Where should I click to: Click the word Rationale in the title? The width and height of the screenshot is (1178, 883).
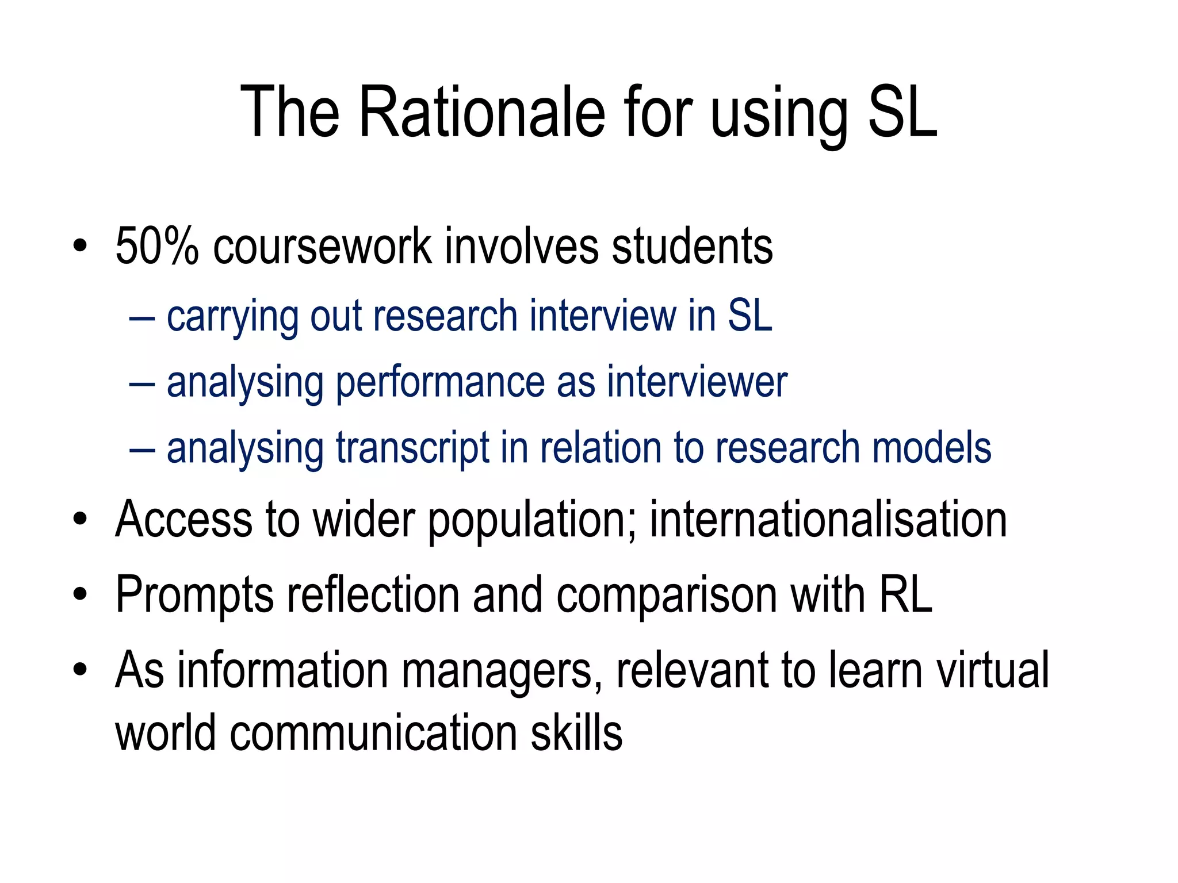click(482, 112)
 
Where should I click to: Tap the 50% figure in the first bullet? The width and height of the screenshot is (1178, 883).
click(156, 247)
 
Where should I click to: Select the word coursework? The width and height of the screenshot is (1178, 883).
click(322, 247)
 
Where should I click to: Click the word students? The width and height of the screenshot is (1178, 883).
click(692, 247)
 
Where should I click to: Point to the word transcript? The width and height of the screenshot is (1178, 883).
click(412, 448)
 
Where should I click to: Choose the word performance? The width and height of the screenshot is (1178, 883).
click(439, 382)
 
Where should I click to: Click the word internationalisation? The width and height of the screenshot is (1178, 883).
click(828, 519)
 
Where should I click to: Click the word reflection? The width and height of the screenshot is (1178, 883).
click(373, 595)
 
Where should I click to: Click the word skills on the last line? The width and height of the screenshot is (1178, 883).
click(576, 733)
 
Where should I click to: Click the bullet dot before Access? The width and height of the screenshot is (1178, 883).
click(80, 519)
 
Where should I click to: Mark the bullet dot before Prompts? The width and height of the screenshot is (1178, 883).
click(80, 595)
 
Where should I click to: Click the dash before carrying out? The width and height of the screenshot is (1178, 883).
click(142, 318)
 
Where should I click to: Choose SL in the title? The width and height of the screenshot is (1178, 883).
click(902, 112)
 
